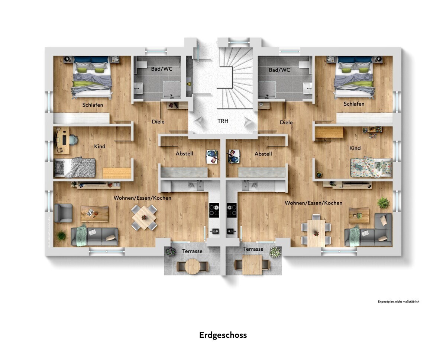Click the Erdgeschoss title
pos(223,335)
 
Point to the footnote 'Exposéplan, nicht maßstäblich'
pos(398,302)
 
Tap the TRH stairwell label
pos(223,121)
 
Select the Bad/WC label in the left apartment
pos(162,69)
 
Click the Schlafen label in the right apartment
pos(354,104)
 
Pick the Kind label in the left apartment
pos(100,147)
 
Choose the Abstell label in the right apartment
pos(263,154)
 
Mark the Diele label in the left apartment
pos(158,122)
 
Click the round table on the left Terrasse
pos(193,266)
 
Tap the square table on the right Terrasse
pos(252,265)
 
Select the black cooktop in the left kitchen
pos(214,210)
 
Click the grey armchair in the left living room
pos(63,213)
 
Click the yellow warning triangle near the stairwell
pos(188,84)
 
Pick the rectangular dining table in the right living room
pos(316,232)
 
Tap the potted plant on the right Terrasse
pos(275,252)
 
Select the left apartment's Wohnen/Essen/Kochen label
pos(142,198)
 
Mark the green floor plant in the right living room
pos(383,203)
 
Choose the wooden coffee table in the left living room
pos(94,213)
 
